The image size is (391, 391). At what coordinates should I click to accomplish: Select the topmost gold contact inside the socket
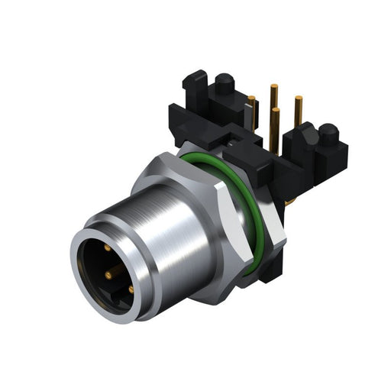point(105,250)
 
